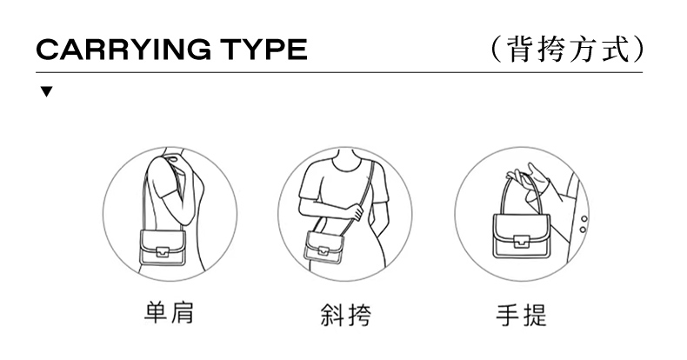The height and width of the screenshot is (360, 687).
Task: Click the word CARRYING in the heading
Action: [123, 49]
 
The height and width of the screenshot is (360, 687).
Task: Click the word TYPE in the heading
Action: [263, 49]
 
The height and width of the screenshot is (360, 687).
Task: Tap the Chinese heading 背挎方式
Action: [568, 49]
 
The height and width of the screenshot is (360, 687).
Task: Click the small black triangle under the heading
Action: [46, 91]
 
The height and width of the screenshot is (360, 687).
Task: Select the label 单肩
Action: [169, 313]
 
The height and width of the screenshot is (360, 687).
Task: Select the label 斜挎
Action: [346, 315]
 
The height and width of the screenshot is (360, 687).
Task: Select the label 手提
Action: [522, 315]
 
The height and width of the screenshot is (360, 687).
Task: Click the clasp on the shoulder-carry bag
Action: [163, 252]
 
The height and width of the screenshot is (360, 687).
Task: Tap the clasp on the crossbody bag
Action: [323, 250]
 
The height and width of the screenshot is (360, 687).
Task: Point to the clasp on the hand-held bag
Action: [522, 242]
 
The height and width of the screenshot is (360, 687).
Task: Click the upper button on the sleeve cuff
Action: [584, 218]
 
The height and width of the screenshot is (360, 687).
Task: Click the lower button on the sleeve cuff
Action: [583, 230]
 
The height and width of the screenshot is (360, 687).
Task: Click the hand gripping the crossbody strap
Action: [356, 212]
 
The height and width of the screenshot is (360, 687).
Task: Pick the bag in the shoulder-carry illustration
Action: [162, 248]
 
